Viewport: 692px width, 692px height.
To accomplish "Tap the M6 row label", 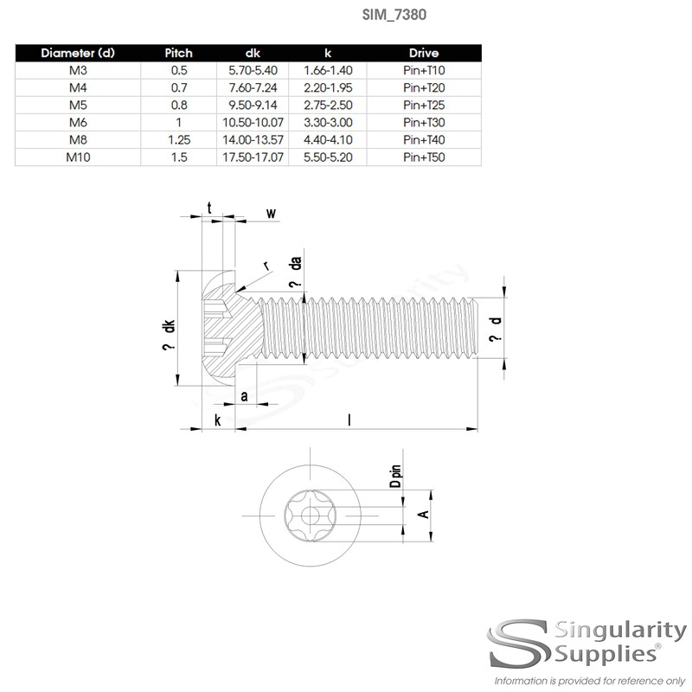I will click(77, 122).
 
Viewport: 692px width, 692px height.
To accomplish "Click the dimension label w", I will click(271, 213).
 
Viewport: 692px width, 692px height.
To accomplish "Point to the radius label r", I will click(266, 266).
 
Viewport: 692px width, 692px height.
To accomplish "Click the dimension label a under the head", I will click(245, 396).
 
